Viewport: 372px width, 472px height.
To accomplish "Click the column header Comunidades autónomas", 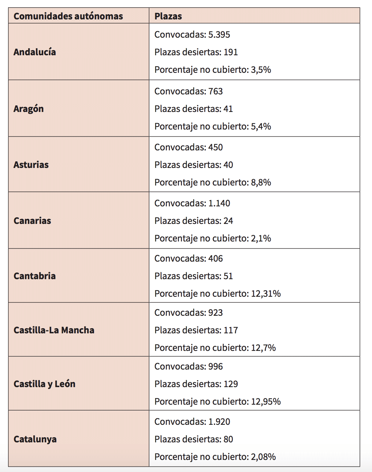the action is pyautogui.click(x=68, y=16).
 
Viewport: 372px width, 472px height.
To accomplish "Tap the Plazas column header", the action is pyautogui.click(x=168, y=16).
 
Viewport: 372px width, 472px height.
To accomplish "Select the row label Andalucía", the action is pyautogui.click(x=35, y=52).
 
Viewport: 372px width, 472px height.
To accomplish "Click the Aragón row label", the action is pyautogui.click(x=29, y=109).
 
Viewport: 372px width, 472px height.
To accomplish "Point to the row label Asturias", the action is pyautogui.click(x=31, y=165).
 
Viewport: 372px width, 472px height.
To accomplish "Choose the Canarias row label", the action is pyautogui.click(x=32, y=221).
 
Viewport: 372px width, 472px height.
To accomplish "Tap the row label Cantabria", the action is pyautogui.click(x=34, y=276).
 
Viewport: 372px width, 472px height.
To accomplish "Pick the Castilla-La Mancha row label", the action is pyautogui.click(x=54, y=330).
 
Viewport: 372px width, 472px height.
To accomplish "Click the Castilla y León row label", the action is pyautogui.click(x=44, y=384).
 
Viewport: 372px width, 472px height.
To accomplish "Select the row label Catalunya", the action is pyautogui.click(x=35, y=439).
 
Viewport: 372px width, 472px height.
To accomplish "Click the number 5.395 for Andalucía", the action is pyautogui.click(x=219, y=34).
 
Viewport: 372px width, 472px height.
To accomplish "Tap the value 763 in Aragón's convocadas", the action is pyautogui.click(x=216, y=91).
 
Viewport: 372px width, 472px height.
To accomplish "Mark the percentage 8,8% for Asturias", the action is pyautogui.click(x=261, y=183).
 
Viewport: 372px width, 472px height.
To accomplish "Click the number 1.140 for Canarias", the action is pyautogui.click(x=219, y=203).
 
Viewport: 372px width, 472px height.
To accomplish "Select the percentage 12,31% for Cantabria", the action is pyautogui.click(x=266, y=294).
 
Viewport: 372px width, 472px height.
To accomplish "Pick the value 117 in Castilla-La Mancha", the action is pyautogui.click(x=231, y=330).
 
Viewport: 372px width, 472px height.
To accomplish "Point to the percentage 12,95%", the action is pyautogui.click(x=266, y=402).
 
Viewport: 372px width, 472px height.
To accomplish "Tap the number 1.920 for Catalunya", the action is pyautogui.click(x=219, y=422).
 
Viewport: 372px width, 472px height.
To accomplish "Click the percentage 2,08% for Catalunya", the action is pyautogui.click(x=263, y=457).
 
